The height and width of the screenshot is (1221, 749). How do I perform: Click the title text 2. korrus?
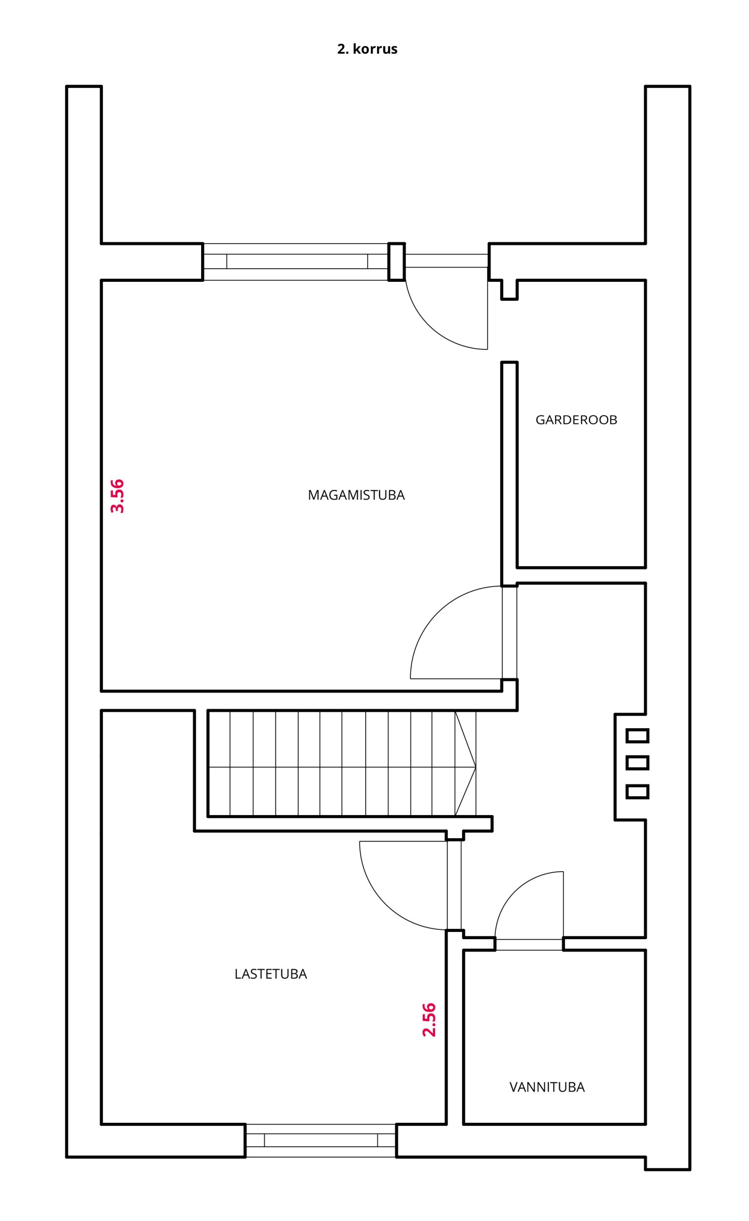pos(367,49)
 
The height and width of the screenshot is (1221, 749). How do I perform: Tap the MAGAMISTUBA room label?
pos(356,495)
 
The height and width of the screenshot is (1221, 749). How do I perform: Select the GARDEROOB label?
pos(576,420)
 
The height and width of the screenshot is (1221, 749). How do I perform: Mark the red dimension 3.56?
pos(117,496)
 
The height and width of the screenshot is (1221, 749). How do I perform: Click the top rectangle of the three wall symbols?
pos(638,736)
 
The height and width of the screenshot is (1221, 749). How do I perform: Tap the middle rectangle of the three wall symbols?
pos(638,762)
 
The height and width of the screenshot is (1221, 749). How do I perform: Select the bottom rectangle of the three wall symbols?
pos(638,791)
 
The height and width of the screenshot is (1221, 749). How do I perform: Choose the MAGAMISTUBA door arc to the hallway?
pos(438,613)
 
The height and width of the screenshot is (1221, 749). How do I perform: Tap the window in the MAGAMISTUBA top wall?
pos(296,262)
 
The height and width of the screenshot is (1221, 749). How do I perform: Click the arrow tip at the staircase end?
pos(476,768)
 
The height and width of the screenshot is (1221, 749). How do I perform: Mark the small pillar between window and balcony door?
pos(396,262)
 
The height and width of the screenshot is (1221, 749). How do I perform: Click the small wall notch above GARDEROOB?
pos(509,290)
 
